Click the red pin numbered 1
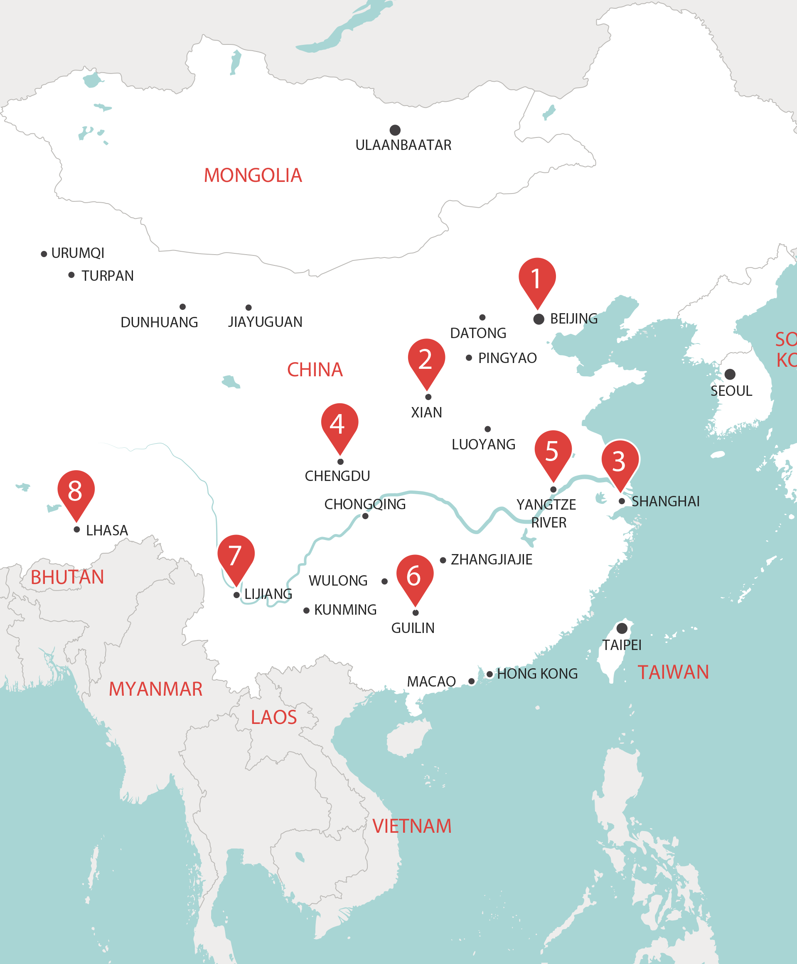pyautogui.click(x=537, y=277)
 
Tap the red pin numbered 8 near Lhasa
pyautogui.click(x=76, y=490)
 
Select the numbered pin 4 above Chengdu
pyautogui.click(x=339, y=423)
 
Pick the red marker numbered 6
pyautogui.click(x=415, y=574)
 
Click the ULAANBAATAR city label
pyautogui.click(x=403, y=145)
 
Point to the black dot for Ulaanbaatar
pyautogui.click(x=395, y=130)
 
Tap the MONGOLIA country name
pyautogui.click(x=253, y=175)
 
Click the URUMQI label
pyautogui.click(x=78, y=253)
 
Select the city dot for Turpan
pyautogui.click(x=71, y=275)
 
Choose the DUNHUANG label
pyautogui.click(x=159, y=322)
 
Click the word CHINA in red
pyautogui.click(x=315, y=369)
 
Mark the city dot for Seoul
pyautogui.click(x=730, y=374)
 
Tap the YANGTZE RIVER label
pyautogui.click(x=546, y=513)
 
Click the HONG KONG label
pyautogui.click(x=537, y=674)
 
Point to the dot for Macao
pyautogui.click(x=471, y=681)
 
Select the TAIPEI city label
pyautogui.click(x=622, y=645)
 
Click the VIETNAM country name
pyautogui.click(x=412, y=826)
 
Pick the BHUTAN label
pyautogui.click(x=67, y=577)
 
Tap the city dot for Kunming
pyautogui.click(x=306, y=610)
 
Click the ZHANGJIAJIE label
pyautogui.click(x=491, y=559)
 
